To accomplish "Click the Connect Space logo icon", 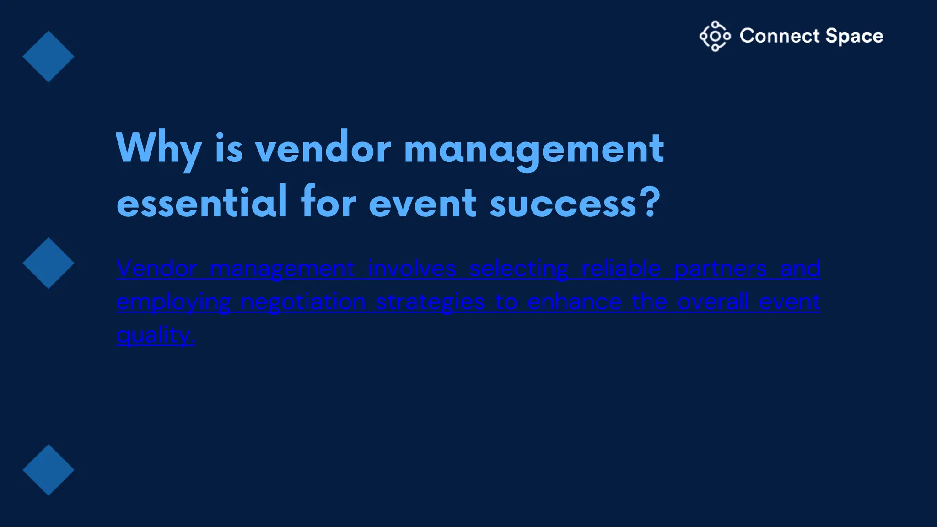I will pyautogui.click(x=715, y=36).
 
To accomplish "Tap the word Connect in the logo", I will pyautogui.click(x=779, y=36).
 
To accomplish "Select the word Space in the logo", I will pyautogui.click(x=854, y=36).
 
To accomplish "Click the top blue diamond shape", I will pyautogui.click(x=48, y=57).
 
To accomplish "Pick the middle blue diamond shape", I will pyautogui.click(x=48, y=263).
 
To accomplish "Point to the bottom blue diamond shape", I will pyautogui.click(x=48, y=470).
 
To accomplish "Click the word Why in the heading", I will pyautogui.click(x=158, y=149).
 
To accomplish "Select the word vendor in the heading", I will pyautogui.click(x=323, y=149).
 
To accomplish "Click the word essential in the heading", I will pyautogui.click(x=202, y=203).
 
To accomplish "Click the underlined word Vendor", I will pyautogui.click(x=156, y=269).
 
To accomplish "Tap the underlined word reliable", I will pyautogui.click(x=621, y=269).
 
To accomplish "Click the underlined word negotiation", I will pyautogui.click(x=303, y=302).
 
